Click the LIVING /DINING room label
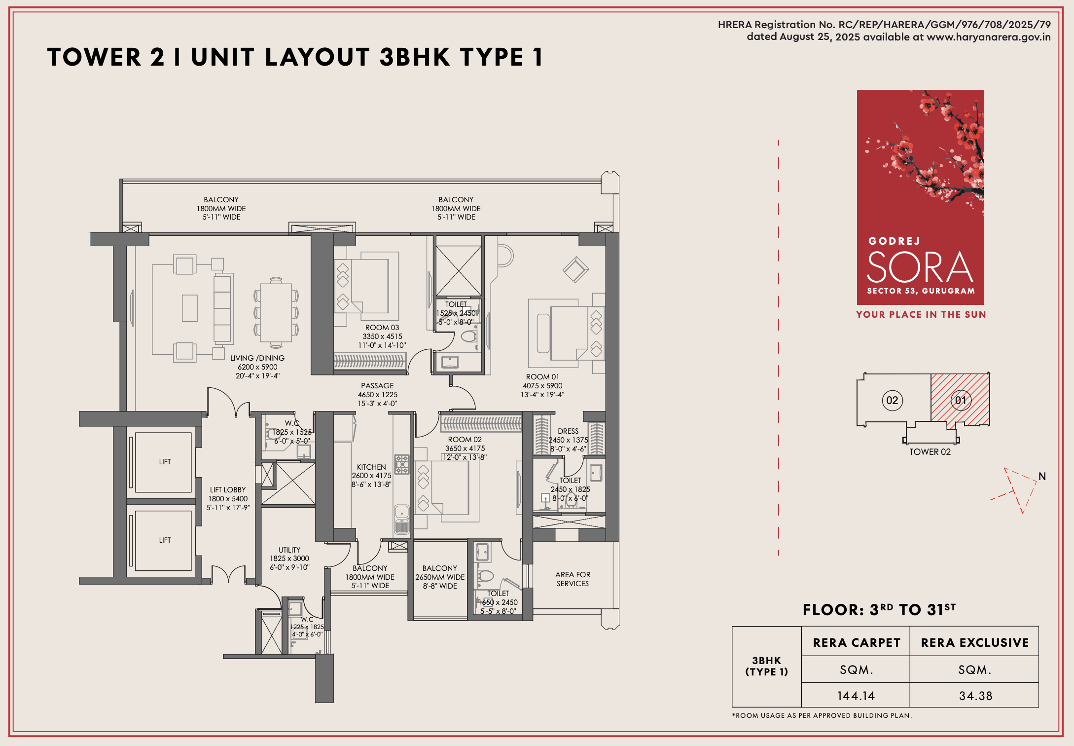click(257, 358)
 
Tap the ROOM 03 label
click(382, 328)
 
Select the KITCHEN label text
click(371, 467)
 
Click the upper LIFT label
click(165, 462)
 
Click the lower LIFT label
click(165, 540)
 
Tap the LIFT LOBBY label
click(228, 490)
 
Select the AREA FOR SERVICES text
click(573, 579)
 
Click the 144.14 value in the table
click(856, 696)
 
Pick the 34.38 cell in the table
click(975, 696)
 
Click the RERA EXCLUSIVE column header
click(975, 642)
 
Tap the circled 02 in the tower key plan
click(892, 400)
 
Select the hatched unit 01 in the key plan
click(960, 400)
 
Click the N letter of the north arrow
click(1042, 477)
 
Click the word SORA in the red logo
click(920, 268)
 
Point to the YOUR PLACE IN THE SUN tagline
click(921, 315)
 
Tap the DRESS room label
click(568, 431)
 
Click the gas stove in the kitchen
click(402, 464)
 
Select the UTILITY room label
click(289, 550)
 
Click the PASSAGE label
click(377, 386)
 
